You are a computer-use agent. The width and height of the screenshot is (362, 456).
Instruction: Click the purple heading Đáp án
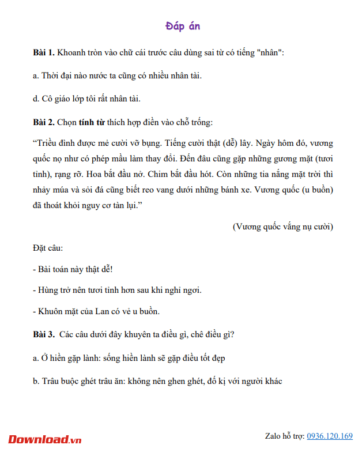[x=182, y=27]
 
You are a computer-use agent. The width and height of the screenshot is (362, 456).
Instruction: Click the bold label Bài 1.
[x=43, y=52]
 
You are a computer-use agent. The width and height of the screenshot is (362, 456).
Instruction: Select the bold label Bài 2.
[x=43, y=122]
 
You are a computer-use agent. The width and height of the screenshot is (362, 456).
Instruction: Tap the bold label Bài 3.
[x=43, y=334]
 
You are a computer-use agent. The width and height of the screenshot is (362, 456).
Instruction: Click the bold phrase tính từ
[x=92, y=122]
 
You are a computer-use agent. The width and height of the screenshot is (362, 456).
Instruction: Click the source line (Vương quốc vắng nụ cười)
[x=282, y=227]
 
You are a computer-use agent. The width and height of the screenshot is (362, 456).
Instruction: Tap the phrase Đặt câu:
[x=48, y=248]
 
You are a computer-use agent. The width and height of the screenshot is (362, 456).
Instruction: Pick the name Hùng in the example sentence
[x=47, y=290]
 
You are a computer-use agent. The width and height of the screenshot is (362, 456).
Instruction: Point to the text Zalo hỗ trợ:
[x=284, y=436]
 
